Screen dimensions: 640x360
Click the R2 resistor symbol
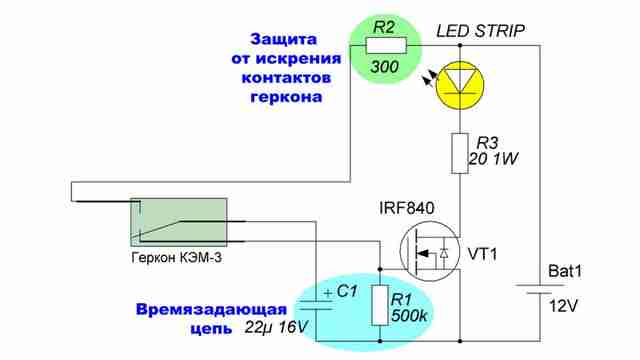(x=386, y=45)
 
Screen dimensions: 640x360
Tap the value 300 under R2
(x=385, y=67)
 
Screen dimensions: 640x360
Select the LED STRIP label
(x=480, y=31)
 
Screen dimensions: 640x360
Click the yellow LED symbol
(x=460, y=85)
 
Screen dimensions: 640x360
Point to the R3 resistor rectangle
(x=460, y=153)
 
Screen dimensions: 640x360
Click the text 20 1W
(x=493, y=159)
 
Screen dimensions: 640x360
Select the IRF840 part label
(x=407, y=208)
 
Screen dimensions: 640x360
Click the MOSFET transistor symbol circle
(x=430, y=252)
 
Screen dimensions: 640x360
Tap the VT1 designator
(x=482, y=254)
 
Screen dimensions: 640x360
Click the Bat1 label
(x=565, y=271)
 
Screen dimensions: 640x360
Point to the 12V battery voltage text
(x=563, y=306)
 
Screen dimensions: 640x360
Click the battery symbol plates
(x=535, y=289)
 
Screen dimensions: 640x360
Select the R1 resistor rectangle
(x=380, y=305)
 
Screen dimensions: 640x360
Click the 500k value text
(x=409, y=316)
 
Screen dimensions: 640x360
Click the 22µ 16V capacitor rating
(x=276, y=327)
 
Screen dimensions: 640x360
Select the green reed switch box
(x=178, y=222)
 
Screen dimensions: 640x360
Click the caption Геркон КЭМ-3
(x=177, y=258)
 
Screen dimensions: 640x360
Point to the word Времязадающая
(x=211, y=309)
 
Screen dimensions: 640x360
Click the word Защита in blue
(x=283, y=39)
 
